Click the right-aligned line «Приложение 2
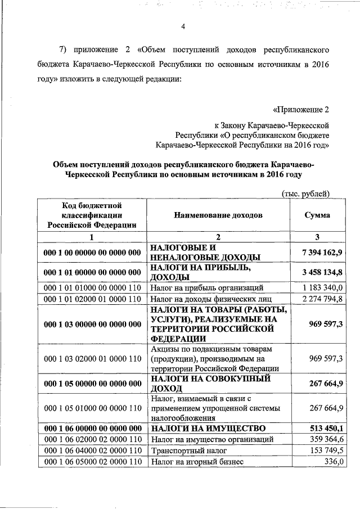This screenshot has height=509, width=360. (x=301, y=109)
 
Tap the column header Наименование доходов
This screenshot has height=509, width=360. (x=218, y=215)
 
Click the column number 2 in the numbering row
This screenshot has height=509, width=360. (x=218, y=237)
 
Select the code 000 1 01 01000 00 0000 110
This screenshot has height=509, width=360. (x=92, y=287)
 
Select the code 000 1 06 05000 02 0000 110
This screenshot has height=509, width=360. (x=92, y=462)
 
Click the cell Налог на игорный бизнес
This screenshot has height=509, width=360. (x=197, y=462)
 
